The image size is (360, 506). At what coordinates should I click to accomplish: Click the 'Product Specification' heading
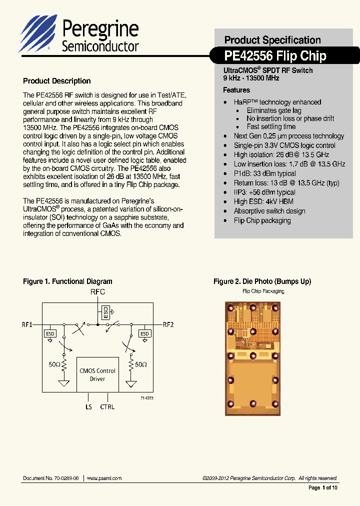(272, 40)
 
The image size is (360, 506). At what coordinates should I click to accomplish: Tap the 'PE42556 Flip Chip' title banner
(275, 55)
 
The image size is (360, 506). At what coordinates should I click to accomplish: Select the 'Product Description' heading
(57, 81)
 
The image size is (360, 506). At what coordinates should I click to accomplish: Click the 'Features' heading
(236, 90)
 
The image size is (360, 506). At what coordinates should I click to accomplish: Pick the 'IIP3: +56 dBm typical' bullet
(264, 192)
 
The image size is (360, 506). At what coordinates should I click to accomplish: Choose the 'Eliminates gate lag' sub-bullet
(273, 110)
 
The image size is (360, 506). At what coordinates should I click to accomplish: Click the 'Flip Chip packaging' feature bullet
(262, 220)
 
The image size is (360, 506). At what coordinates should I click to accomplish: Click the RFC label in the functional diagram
(98, 291)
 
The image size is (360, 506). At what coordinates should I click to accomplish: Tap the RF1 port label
(27, 324)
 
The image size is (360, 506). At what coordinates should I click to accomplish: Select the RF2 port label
(168, 324)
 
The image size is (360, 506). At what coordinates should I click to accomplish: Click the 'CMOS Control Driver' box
(97, 374)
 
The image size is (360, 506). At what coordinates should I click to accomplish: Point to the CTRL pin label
(107, 407)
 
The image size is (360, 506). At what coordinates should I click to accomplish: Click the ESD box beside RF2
(144, 333)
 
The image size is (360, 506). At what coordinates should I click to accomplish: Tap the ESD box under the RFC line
(105, 312)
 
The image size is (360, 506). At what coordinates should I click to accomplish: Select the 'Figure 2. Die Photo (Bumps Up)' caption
(262, 281)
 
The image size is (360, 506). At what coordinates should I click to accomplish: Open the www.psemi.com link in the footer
(104, 478)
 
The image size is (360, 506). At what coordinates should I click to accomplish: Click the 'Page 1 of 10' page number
(323, 487)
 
